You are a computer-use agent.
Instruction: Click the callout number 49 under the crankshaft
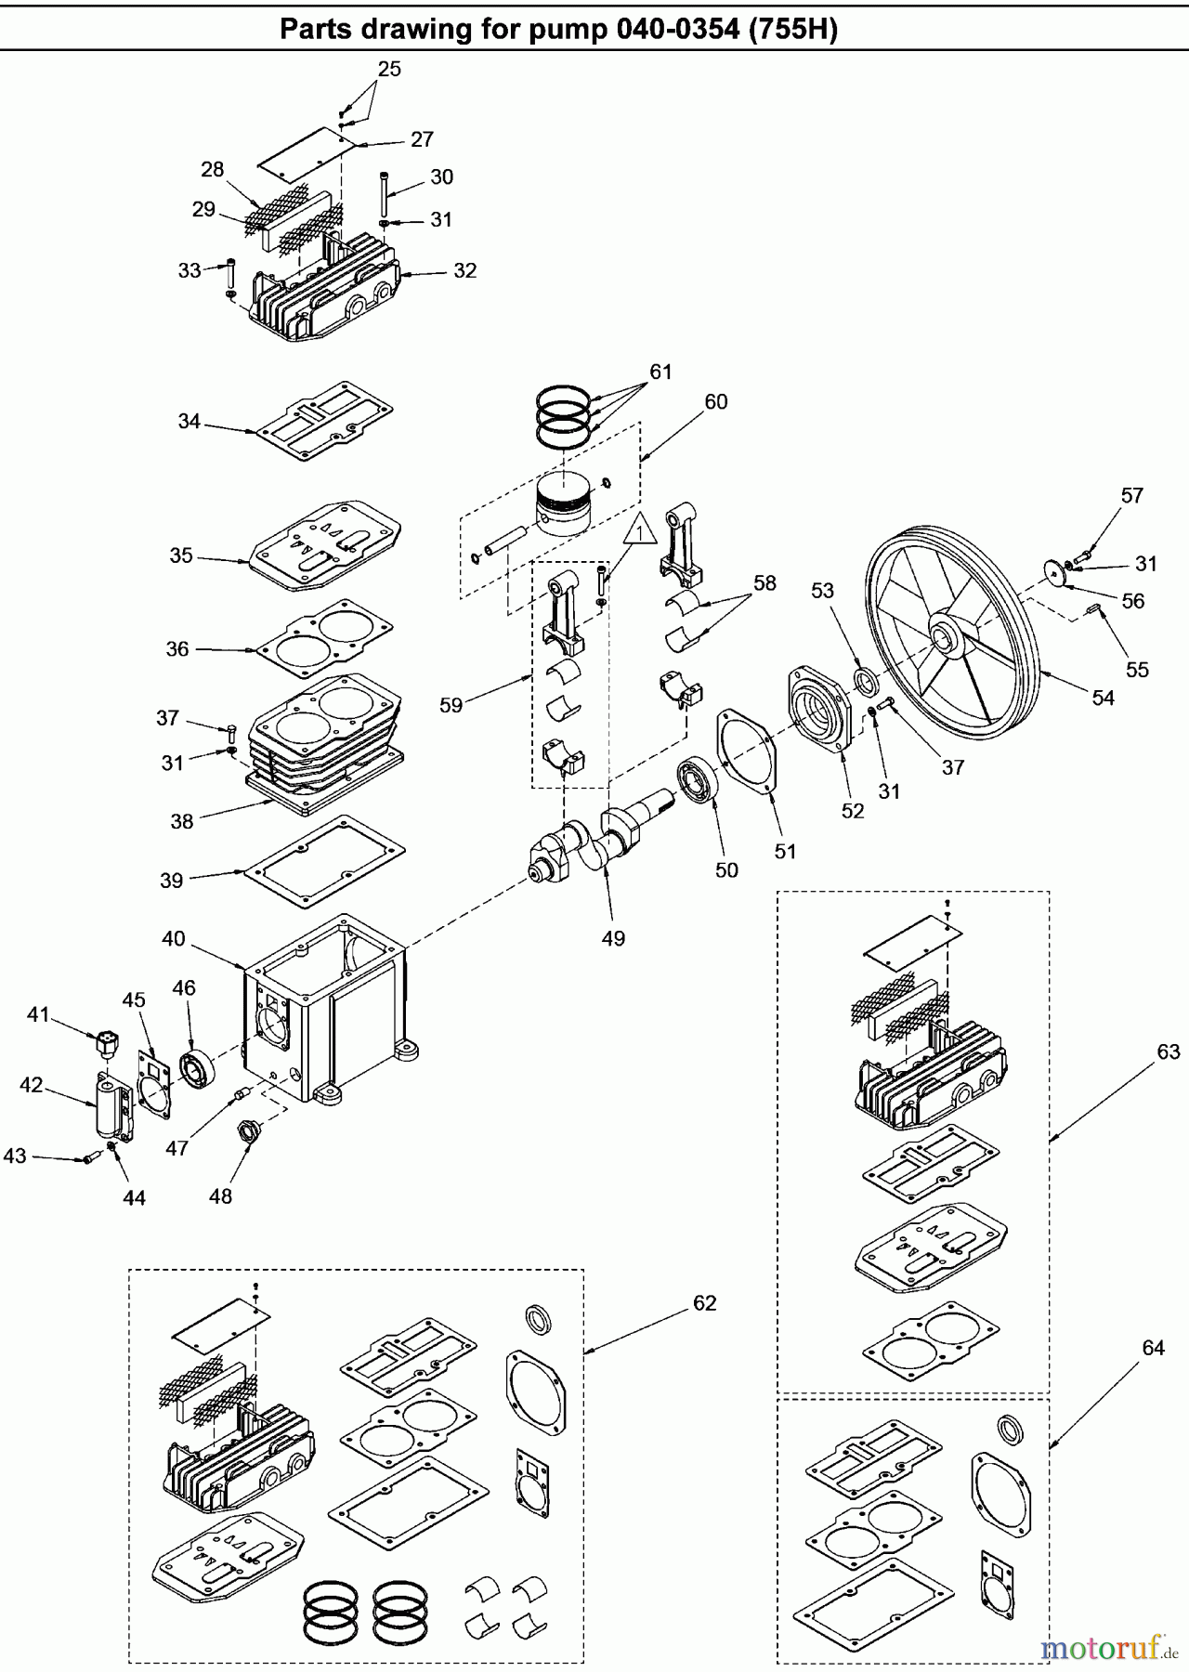click(x=613, y=938)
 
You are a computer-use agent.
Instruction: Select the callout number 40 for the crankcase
click(x=174, y=939)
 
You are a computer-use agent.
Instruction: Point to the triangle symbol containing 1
click(x=641, y=531)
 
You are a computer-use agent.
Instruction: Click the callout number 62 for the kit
click(x=705, y=1303)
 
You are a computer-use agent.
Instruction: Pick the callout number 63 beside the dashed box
click(x=1168, y=1052)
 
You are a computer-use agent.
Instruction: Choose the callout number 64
click(x=1153, y=1348)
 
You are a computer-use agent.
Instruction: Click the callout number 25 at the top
click(x=389, y=69)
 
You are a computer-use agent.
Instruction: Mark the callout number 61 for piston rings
click(x=660, y=372)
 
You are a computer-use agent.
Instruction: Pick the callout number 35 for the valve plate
click(x=181, y=555)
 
